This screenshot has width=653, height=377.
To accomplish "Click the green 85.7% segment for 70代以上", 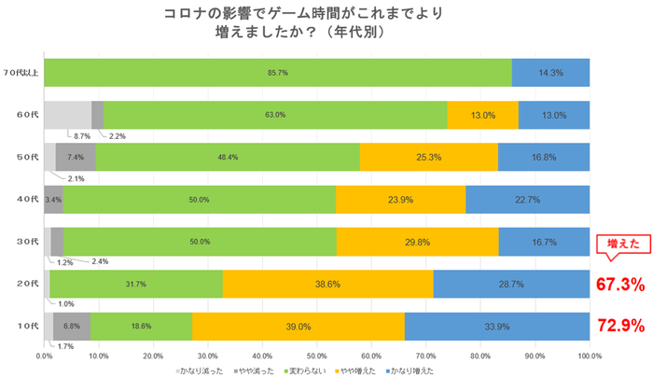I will click(278, 72).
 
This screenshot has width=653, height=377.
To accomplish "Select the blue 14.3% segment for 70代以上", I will click(550, 72).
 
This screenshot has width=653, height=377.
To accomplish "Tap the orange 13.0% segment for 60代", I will click(482, 115).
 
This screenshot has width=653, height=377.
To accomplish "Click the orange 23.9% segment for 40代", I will click(400, 199).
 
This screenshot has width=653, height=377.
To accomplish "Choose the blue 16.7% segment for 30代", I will click(543, 242).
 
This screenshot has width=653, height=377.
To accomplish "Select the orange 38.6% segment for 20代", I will click(327, 284).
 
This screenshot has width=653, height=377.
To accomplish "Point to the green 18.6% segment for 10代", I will click(141, 326).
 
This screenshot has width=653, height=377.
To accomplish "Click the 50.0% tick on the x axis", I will click(317, 355).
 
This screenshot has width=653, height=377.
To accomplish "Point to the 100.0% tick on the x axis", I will click(590, 355).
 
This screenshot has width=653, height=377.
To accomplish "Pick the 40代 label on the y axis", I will click(27, 199).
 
